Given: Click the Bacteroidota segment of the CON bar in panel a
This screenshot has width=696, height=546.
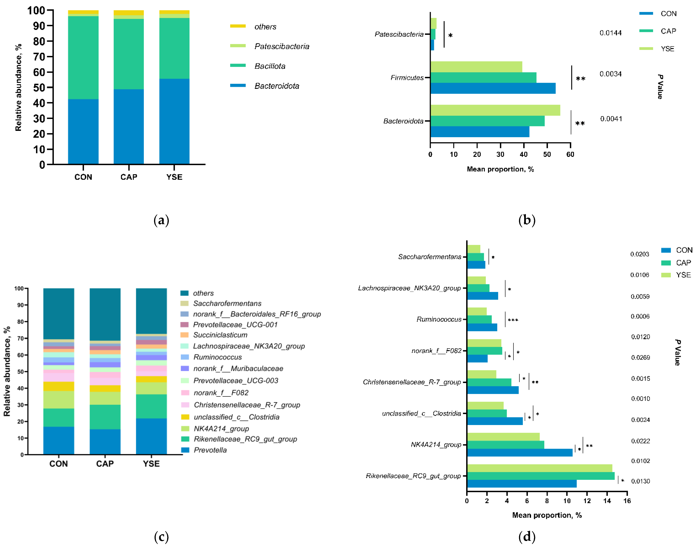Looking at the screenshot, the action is tap(83, 132).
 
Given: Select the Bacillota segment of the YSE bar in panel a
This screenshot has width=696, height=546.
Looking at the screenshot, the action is tap(174, 48).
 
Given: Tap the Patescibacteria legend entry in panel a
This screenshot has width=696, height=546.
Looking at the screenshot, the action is tap(270, 46).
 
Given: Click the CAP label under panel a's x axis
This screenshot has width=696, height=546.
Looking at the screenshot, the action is tap(129, 177).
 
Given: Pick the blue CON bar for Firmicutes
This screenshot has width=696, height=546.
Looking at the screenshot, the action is tap(493, 88).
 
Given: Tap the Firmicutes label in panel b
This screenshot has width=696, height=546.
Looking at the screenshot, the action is tap(407, 78).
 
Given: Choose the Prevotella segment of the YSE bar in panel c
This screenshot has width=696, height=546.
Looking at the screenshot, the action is tap(151, 436).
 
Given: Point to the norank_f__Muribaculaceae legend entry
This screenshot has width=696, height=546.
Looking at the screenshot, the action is tap(232, 369).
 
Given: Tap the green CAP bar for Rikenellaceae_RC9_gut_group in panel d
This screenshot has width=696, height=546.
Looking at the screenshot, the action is tap(541, 476).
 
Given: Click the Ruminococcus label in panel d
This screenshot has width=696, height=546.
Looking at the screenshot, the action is tap(439, 319).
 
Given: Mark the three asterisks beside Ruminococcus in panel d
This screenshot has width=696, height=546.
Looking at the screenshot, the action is tap(513, 320).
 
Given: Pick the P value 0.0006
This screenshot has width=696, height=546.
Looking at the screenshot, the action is tap(640, 316).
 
